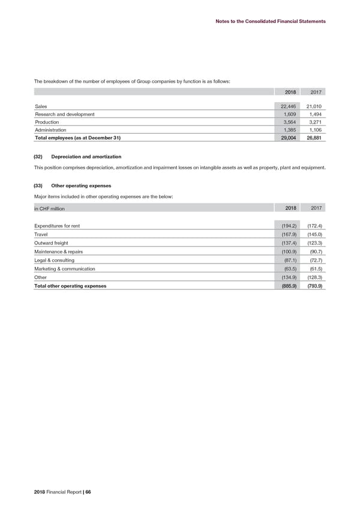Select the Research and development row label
tap(64, 114)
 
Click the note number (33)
tap(39, 185)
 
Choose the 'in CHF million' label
tap(49, 208)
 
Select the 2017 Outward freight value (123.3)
tap(314, 243)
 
